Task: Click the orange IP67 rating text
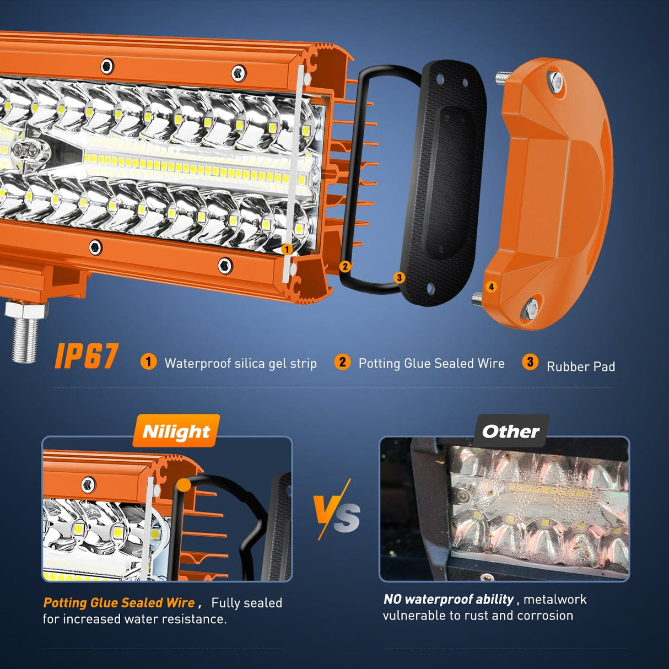87,356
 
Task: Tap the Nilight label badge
176,431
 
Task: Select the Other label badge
511,431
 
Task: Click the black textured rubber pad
444,182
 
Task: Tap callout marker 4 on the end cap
491,287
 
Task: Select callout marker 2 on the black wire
345,267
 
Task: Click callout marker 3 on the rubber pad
400,278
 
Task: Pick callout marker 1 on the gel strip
287,250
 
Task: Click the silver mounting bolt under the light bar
25,331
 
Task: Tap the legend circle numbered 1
148,362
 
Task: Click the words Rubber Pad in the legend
580,366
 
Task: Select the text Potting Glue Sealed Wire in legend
431,363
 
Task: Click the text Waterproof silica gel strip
240,363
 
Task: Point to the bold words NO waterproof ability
449,599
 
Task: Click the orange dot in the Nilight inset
184,484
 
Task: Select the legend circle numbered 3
530,362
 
